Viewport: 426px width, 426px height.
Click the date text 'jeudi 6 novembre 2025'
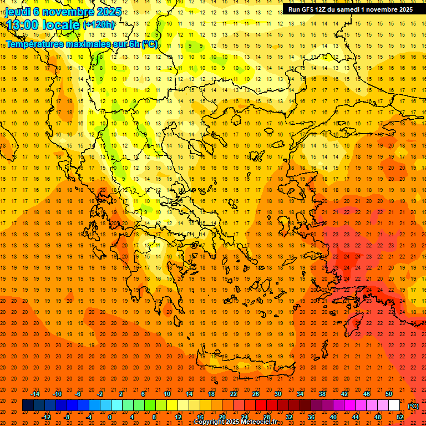[x=55, y=11]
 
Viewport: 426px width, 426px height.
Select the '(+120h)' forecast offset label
[x=99, y=24]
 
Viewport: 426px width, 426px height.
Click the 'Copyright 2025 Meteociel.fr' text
[x=236, y=422]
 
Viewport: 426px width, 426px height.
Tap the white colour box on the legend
[x=394, y=405]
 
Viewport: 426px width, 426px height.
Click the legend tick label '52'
[x=400, y=417]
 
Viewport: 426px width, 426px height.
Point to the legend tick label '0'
[x=109, y=417]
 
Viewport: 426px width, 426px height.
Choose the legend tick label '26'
[x=256, y=394]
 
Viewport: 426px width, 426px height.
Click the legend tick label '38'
[x=322, y=394]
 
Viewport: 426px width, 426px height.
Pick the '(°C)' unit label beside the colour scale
[x=413, y=405]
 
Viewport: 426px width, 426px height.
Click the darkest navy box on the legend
[x=28, y=405]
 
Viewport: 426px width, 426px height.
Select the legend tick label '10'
[x=167, y=394]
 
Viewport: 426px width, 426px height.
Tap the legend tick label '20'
[x=222, y=417]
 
